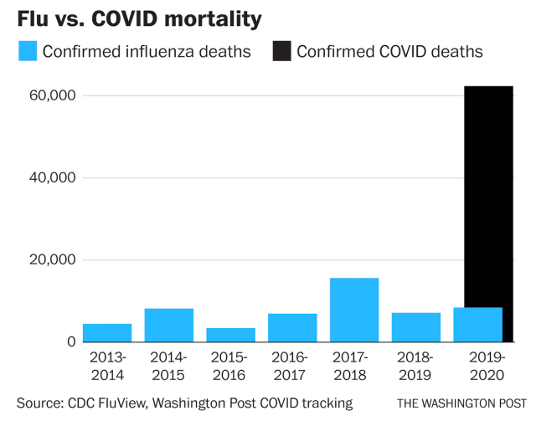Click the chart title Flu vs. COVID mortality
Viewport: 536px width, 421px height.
(139, 19)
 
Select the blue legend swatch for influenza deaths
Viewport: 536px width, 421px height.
(28, 51)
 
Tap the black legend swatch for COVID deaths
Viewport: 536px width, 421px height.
(282, 51)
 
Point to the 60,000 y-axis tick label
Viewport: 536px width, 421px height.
(52, 95)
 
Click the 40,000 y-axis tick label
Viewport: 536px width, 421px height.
(52, 177)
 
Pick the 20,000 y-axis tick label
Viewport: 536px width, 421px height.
(52, 259)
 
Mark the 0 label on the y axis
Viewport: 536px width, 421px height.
(71, 341)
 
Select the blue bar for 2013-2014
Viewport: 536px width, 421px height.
(107, 333)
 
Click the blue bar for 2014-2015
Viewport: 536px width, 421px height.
(169, 326)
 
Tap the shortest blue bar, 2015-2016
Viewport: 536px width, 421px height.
(231, 335)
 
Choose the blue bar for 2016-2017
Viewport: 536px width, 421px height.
(292, 328)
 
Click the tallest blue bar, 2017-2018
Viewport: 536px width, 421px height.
(354, 310)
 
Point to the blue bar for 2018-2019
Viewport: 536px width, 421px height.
(416, 327)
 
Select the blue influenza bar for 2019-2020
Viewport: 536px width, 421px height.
(478, 325)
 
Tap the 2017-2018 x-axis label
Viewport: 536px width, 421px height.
(350, 367)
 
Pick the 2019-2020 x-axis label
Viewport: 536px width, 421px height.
(487, 367)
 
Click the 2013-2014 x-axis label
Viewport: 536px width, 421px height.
(108, 367)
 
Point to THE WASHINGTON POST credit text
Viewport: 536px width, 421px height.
(461, 403)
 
